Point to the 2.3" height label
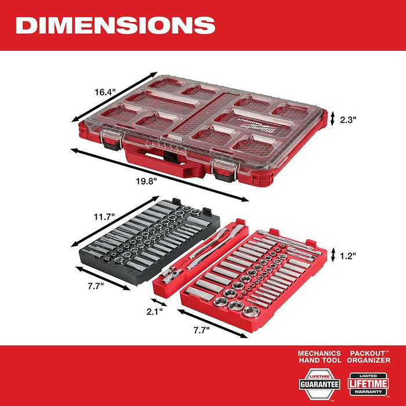[x=347, y=119]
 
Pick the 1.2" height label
[x=347, y=254]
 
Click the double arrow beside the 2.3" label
[x=332, y=119]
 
